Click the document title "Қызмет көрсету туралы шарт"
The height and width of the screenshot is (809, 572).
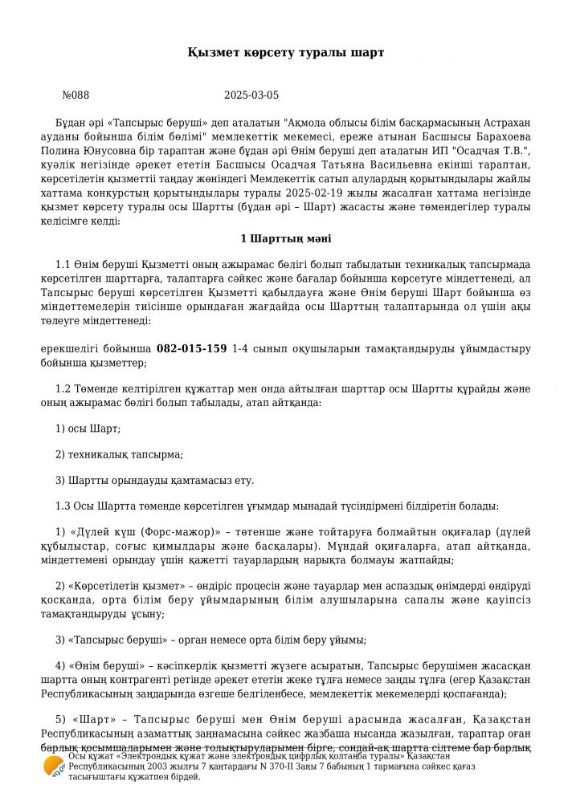(x=286, y=52)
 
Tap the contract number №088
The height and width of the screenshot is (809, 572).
(x=76, y=95)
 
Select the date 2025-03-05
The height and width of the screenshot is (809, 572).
(x=251, y=95)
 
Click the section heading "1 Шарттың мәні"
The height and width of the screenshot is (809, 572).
(x=286, y=238)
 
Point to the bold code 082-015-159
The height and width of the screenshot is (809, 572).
(x=191, y=349)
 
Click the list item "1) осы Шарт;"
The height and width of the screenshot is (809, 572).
(x=88, y=429)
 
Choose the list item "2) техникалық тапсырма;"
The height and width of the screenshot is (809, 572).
(x=119, y=454)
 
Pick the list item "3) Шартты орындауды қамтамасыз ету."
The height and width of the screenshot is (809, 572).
(x=154, y=480)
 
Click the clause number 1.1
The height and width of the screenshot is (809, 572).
(x=63, y=264)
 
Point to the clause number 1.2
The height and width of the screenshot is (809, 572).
(x=63, y=388)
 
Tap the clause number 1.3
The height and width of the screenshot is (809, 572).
(x=63, y=506)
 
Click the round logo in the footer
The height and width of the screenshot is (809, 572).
(x=54, y=767)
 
